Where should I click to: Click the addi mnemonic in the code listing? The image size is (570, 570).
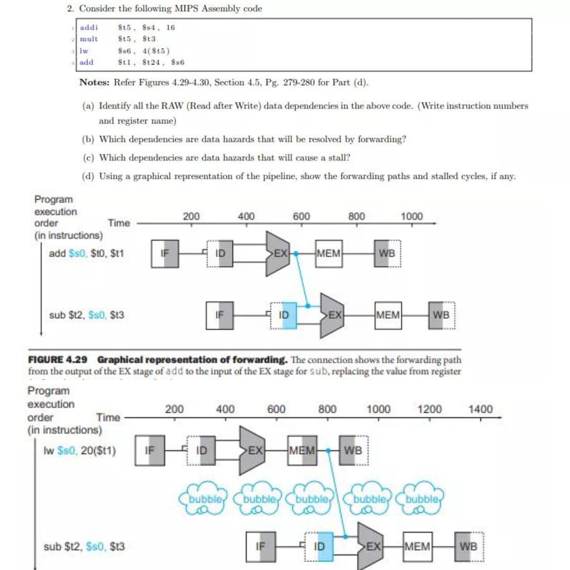[89, 28]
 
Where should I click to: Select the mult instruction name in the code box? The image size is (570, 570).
[89, 39]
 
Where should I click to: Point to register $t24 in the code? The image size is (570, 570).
[151, 62]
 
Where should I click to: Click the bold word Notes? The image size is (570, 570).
[94, 83]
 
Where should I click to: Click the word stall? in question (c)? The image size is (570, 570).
[339, 158]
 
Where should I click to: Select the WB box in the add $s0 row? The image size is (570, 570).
[387, 253]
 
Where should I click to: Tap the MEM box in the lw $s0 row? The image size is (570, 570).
[302, 451]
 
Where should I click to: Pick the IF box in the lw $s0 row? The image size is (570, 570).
[149, 451]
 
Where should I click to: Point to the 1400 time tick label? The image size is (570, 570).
[480, 409]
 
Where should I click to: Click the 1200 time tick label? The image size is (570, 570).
[429, 409]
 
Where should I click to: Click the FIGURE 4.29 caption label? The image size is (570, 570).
[58, 360]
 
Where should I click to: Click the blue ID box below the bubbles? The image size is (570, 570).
[320, 547]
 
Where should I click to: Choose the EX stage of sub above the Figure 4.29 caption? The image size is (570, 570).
[334, 315]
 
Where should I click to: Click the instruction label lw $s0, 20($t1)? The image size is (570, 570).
[80, 451]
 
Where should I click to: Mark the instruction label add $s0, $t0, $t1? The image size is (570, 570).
[86, 253]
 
